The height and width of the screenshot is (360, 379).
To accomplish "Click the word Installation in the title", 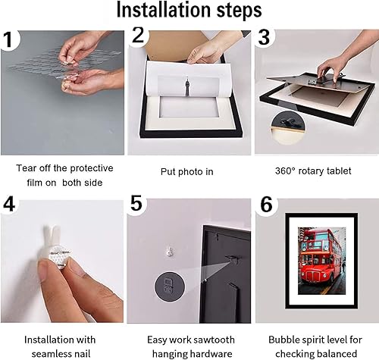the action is coord(164,10).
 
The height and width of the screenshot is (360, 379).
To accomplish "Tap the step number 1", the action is coord(8,39).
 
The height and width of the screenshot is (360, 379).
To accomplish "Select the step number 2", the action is coord(138,35).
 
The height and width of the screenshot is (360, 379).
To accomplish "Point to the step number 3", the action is coord(265,37).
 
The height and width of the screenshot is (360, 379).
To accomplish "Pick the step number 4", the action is coord(9,204).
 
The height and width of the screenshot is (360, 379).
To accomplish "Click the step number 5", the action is coord(136,203).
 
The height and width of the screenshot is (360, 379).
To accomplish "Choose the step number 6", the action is coord(267,204).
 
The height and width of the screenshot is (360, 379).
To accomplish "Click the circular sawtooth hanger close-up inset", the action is coord(170,286).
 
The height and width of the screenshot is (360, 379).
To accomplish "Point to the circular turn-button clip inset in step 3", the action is coord(288,127).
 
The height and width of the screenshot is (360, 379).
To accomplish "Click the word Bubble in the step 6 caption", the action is coord(282,340).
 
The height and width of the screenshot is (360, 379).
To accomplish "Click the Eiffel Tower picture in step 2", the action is coord(188,86).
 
